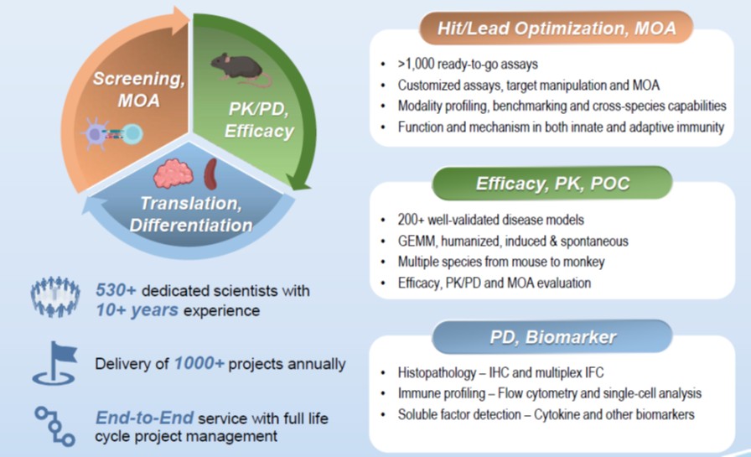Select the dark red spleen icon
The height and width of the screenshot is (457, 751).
(212, 171)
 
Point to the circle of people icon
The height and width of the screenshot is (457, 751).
(55, 299)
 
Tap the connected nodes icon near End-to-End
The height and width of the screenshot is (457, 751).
(55, 423)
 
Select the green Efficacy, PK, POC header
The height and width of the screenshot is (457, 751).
(553, 182)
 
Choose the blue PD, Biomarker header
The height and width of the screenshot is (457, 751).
(552, 338)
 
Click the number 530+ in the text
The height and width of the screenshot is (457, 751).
(115, 291)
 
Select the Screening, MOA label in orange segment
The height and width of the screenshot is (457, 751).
(135, 90)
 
